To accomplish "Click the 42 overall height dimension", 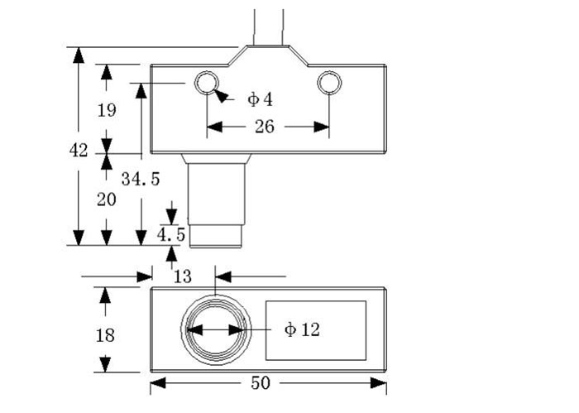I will click(79, 150).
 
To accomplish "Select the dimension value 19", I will click(106, 109).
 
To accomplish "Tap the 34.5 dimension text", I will click(140, 178).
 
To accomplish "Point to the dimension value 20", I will click(106, 199).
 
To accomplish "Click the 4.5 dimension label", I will click(171, 235).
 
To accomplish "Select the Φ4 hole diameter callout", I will click(259, 99).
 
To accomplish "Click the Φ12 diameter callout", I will click(301, 329).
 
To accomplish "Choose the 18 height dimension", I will click(105, 335).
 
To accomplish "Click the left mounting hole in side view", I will click(206, 83).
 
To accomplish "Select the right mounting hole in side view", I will click(329, 83).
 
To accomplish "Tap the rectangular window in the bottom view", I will click(315, 330).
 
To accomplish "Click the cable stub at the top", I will click(268, 25).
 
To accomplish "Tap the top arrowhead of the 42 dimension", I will click(78, 55).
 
